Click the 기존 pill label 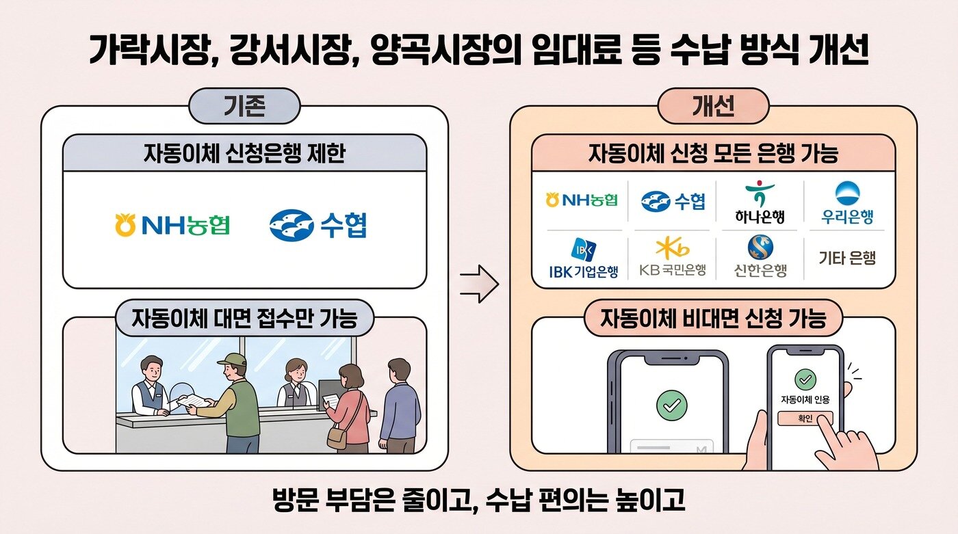coord(244,107)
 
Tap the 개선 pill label coord(714,107)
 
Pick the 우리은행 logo coord(848,203)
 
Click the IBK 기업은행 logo coord(583,258)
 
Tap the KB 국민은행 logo coord(672,258)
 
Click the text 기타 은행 coord(847,258)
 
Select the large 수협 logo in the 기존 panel coord(318,225)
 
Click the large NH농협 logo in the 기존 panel coord(172,225)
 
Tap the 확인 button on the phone coord(805,418)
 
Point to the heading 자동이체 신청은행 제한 coord(244,152)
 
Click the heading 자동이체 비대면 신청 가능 coord(713,319)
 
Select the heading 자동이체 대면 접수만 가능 coord(244,319)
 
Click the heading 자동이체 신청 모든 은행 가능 coord(713,152)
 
